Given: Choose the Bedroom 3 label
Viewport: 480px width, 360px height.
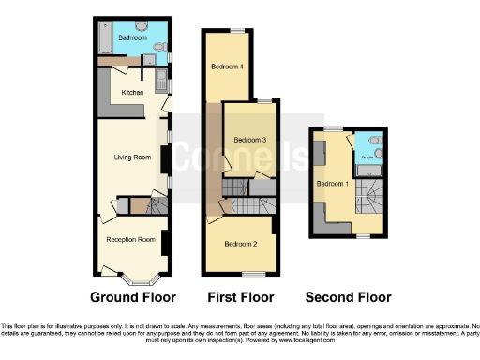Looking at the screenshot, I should tap(249, 140).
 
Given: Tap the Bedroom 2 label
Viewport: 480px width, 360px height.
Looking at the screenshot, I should tap(241, 244).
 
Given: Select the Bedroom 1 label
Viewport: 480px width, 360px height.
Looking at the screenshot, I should tap(333, 183).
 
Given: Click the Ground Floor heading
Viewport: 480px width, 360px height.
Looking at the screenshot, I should tap(132, 297).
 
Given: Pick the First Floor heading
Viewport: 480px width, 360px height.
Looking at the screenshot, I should tap(241, 297).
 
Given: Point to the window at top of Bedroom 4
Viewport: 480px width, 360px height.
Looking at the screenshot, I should tap(237, 32).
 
